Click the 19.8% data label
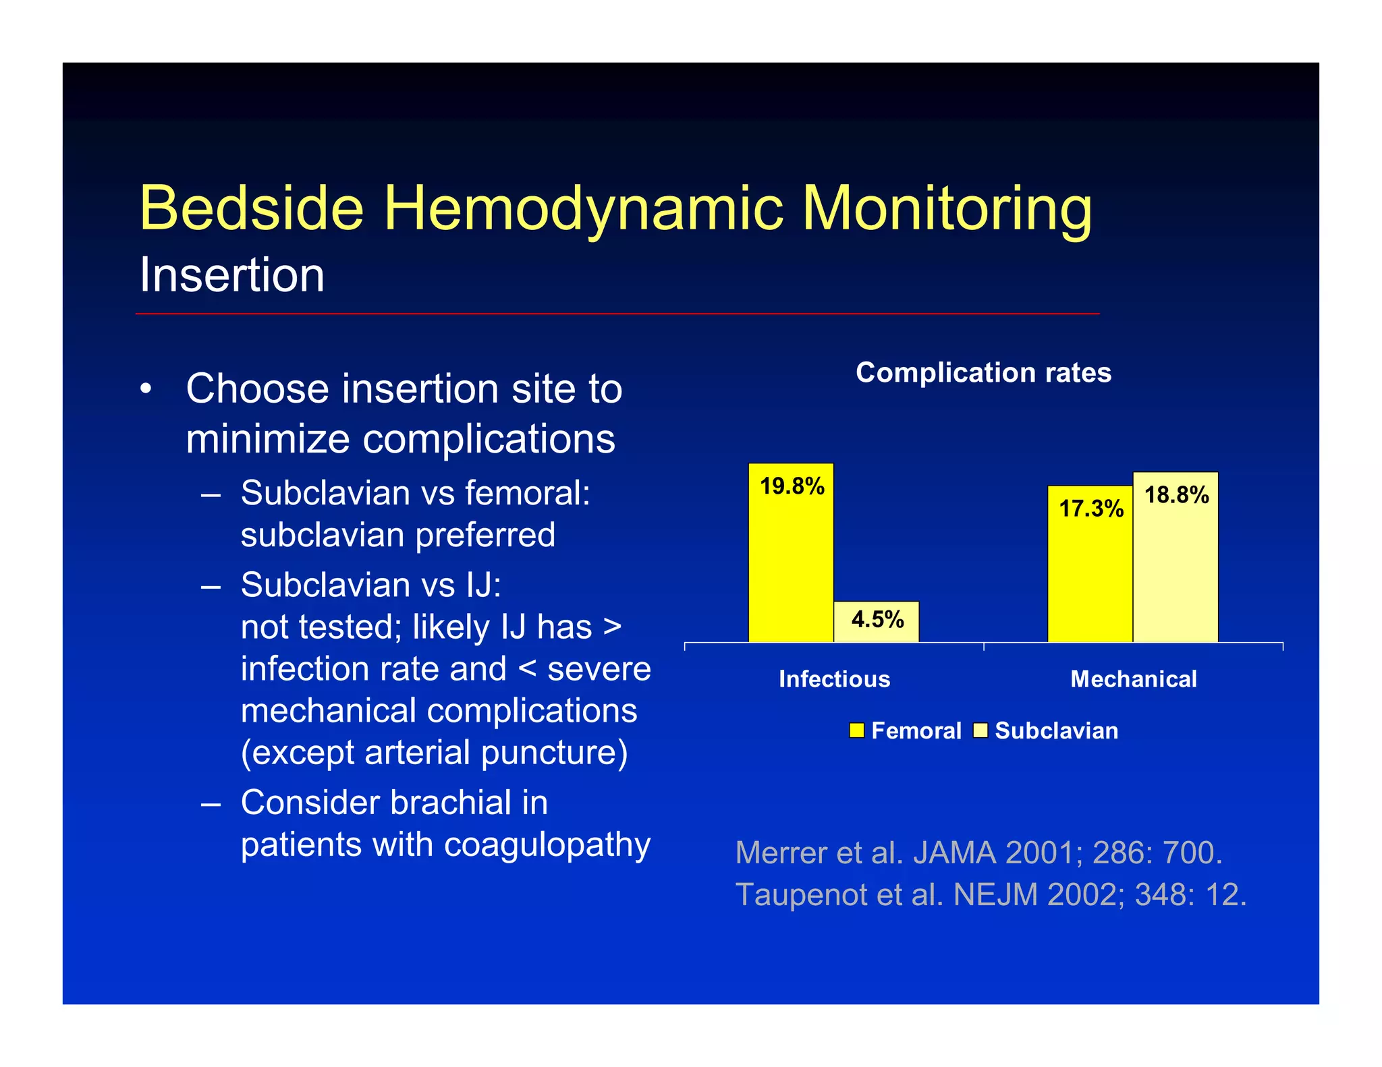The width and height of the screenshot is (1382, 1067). [792, 486]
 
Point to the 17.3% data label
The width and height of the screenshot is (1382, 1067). [1090, 509]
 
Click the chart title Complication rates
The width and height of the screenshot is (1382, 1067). [983, 373]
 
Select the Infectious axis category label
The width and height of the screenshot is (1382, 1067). [834, 679]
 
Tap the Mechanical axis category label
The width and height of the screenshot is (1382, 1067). [1134, 679]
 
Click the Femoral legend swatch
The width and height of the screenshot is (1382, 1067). [856, 730]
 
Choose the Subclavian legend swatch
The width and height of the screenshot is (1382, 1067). [980, 730]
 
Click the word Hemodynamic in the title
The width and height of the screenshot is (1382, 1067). [583, 209]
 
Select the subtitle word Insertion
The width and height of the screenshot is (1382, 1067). [232, 275]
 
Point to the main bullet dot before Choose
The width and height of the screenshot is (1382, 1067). [146, 390]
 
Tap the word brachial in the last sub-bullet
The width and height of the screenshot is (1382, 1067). [450, 803]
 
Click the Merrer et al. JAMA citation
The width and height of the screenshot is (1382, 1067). [978, 853]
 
